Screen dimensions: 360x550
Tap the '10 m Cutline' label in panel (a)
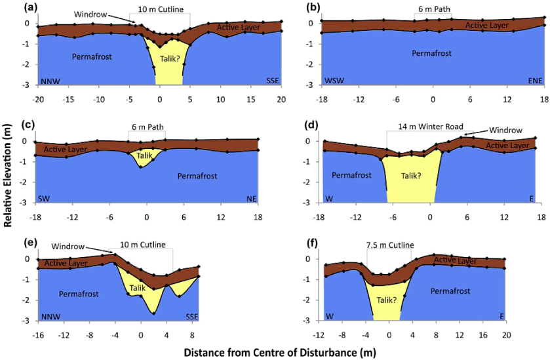click(161, 10)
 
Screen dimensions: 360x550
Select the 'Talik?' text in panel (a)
click(168, 57)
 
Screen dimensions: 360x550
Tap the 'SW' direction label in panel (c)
click(45, 197)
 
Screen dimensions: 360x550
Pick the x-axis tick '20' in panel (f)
click(505, 334)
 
